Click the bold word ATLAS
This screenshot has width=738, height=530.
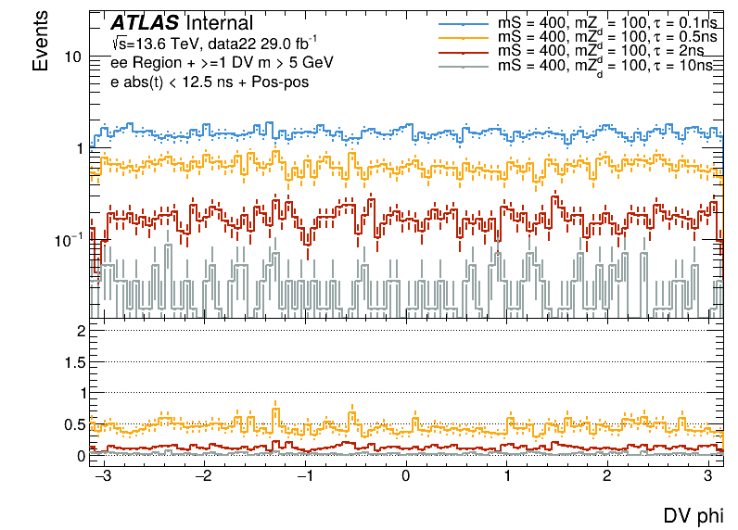tap(145, 22)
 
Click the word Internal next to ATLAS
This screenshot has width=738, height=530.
tap(221, 22)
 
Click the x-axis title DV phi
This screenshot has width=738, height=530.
tap(693, 516)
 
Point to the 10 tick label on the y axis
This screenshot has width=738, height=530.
tap(73, 57)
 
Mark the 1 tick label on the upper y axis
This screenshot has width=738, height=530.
tap(80, 148)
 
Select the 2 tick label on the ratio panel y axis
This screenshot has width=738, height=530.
tap(81, 331)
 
